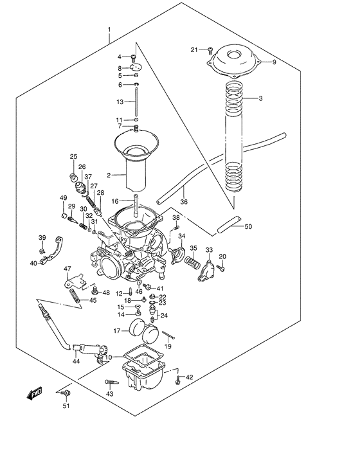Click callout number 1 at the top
point(109,30)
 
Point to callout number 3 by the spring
point(260,98)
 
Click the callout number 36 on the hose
point(184,201)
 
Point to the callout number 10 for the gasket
point(109,357)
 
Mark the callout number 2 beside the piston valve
point(109,174)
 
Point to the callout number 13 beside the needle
point(120,102)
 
